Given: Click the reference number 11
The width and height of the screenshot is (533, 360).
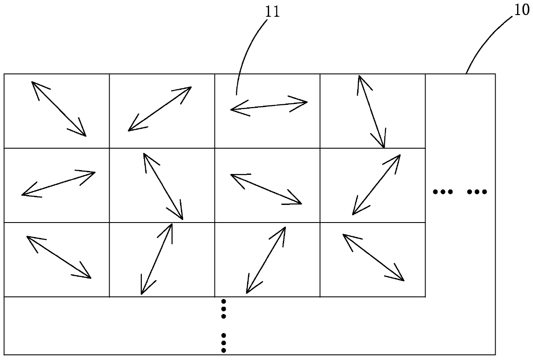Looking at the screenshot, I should (273, 12).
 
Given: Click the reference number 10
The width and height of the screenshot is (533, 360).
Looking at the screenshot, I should (522, 9).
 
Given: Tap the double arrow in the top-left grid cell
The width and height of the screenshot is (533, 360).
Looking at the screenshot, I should (59, 109).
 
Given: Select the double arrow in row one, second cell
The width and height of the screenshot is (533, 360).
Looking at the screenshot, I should (160, 108).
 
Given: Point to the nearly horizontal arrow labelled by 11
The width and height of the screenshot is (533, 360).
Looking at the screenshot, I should (269, 106).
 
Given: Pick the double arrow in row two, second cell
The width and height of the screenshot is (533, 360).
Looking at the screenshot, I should (163, 186).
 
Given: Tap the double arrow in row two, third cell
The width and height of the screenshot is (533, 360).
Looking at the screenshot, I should (266, 189).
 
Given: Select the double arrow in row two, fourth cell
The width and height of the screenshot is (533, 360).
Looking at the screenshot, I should (377, 184).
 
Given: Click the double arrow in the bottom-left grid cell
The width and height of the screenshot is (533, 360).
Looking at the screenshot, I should (59, 257).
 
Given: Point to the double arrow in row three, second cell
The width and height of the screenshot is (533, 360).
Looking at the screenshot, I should (157, 259).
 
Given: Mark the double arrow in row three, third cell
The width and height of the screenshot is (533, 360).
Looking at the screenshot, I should (266, 260).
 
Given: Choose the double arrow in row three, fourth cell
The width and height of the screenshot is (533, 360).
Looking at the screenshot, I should (374, 257).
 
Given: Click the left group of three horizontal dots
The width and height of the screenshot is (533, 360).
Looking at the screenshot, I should (443, 192).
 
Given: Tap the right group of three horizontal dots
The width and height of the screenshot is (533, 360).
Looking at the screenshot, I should (477, 192).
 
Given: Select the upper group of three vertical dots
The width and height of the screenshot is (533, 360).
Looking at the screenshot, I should (223, 309).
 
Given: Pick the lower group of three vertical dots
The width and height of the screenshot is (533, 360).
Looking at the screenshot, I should (223, 343).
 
